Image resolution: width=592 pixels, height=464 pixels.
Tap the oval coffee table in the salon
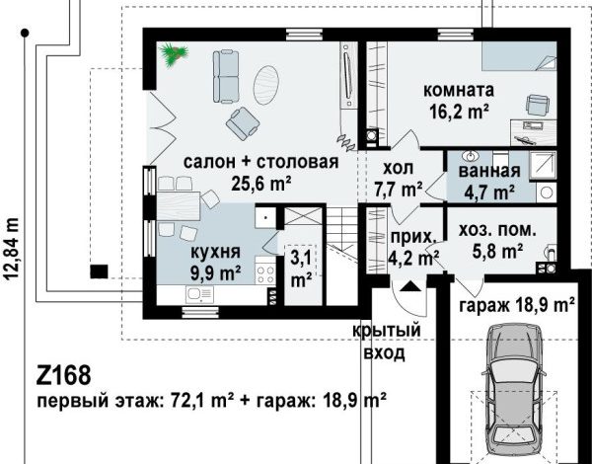coord(266,85)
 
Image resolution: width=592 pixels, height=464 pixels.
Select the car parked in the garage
coord(514,393)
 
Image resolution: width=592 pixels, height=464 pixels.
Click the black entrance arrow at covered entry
coord(410,286)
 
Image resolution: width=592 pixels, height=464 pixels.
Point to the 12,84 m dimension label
coord(12,249)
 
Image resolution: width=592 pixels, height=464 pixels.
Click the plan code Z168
coord(63,375)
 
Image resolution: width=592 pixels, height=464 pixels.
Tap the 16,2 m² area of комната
coord(459,112)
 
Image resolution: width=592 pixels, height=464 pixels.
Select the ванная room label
coord(489,171)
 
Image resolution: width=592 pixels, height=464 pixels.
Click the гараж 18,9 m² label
coord(517,305)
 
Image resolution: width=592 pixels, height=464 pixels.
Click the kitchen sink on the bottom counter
coord(199,294)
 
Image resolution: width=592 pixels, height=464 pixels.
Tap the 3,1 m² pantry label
coord(301,270)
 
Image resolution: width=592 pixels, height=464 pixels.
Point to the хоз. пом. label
coord(497,230)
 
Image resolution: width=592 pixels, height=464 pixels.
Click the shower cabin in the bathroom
coord(543,165)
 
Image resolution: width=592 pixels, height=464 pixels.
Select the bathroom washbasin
coord(471,155)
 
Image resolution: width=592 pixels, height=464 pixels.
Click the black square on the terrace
coord(99,271)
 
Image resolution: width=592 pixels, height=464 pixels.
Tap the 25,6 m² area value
coord(260,184)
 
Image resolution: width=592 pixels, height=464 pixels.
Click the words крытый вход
coord(386,342)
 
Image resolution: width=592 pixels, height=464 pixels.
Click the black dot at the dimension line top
coord(25,34)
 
